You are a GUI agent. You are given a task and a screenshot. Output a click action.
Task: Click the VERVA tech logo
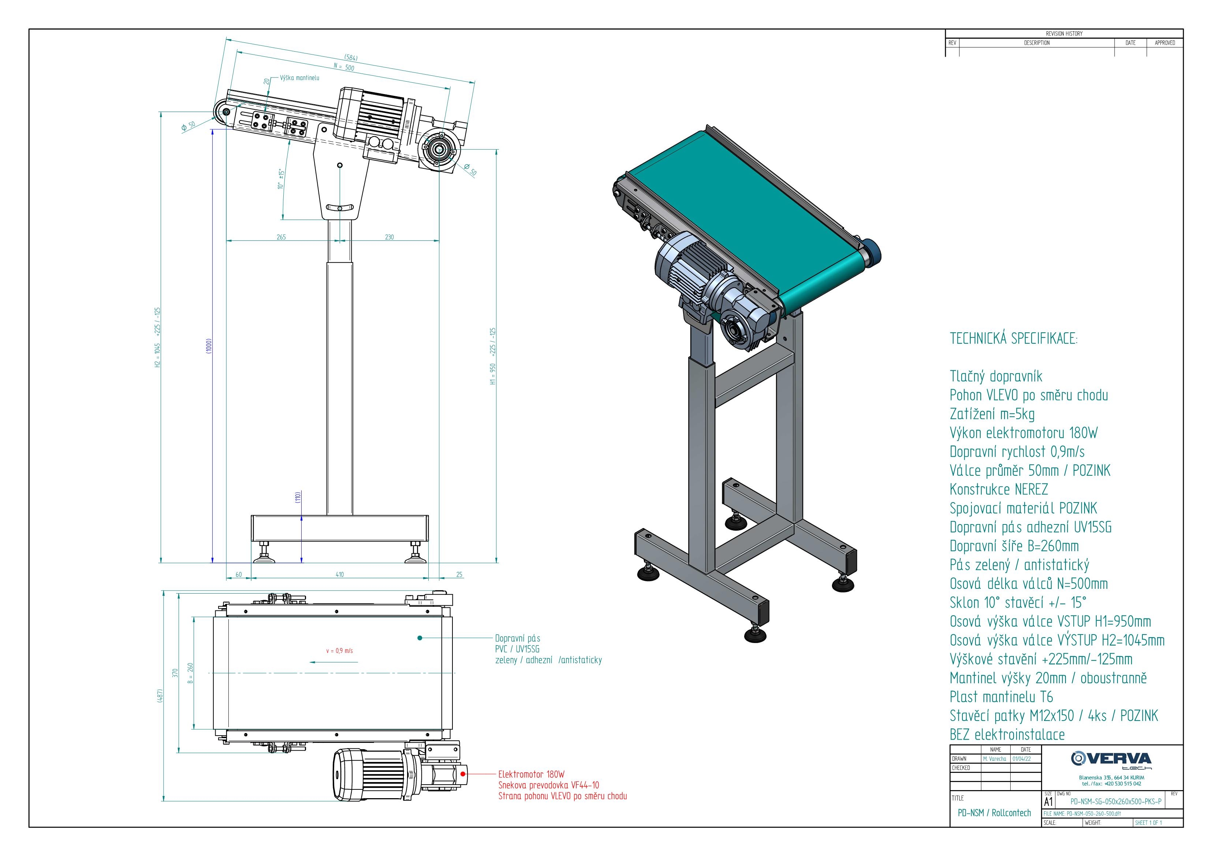pyautogui.click(x=1111, y=760)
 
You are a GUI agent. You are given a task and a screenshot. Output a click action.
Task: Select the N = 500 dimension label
pyautogui.click(x=344, y=67)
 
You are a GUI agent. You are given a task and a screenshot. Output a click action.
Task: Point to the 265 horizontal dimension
pyautogui.click(x=281, y=237)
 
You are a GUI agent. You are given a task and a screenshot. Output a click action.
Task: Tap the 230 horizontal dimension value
pyautogui.click(x=389, y=237)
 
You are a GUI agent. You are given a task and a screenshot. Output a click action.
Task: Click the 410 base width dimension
pyautogui.click(x=339, y=574)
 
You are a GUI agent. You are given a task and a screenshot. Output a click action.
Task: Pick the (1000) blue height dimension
pyautogui.click(x=209, y=346)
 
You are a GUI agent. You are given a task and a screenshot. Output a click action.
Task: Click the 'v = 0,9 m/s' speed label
pyautogui.click(x=339, y=651)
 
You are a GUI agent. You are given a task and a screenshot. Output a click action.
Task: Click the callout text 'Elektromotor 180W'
pyautogui.click(x=531, y=774)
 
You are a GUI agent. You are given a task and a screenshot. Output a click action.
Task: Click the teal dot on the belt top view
pyautogui.click(x=419, y=638)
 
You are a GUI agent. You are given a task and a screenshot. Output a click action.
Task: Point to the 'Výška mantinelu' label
pyautogui.click(x=299, y=78)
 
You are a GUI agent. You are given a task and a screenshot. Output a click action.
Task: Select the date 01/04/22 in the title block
pyautogui.click(x=1025, y=758)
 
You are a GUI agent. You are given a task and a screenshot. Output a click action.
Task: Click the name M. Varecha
pyautogui.click(x=995, y=758)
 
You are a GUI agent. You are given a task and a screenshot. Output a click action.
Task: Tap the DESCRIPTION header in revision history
pyautogui.click(x=1036, y=43)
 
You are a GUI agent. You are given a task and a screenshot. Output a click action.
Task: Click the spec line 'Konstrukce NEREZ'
pyautogui.click(x=999, y=489)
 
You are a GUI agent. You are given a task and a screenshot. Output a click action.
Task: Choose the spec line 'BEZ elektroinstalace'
pyautogui.click(x=1007, y=734)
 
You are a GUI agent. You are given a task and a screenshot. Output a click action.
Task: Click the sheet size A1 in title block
pyautogui.click(x=1048, y=801)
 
